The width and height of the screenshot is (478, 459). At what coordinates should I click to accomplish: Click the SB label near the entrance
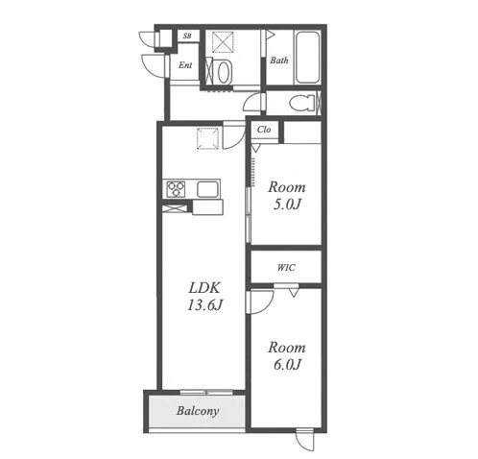187,36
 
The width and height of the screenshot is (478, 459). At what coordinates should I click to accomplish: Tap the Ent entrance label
185,65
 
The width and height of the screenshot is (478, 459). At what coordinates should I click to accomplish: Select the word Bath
279,60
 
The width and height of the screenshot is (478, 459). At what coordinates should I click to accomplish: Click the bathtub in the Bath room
307,58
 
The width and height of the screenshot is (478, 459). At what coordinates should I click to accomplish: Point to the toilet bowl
302,103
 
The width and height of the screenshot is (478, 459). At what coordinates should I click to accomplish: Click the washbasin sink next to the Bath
225,73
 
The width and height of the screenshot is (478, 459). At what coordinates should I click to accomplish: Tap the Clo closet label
264,130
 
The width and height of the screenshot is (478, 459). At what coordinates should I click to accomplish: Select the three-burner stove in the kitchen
176,189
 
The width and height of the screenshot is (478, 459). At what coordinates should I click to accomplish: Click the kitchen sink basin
207,189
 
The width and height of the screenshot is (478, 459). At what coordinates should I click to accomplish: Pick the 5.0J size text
287,205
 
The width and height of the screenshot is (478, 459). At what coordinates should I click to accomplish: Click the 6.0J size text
287,364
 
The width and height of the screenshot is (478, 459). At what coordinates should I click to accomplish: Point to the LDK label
204,288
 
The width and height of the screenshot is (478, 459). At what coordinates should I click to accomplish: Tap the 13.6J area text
204,305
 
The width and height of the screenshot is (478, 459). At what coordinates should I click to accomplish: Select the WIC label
286,268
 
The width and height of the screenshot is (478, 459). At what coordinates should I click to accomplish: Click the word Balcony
198,411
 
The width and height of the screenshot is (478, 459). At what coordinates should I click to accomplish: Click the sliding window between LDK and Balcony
206,392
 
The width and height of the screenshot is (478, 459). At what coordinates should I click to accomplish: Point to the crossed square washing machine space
223,41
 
